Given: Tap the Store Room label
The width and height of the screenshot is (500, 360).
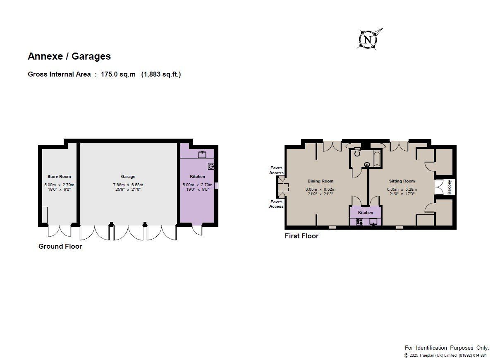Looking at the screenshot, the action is (x=59, y=176).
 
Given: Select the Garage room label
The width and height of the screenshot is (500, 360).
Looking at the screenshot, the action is (x=128, y=176).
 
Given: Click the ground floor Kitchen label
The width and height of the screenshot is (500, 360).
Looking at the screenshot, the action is (x=197, y=176).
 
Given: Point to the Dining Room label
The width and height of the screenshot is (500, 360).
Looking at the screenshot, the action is (x=321, y=181).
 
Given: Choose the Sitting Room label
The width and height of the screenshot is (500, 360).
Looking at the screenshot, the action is (x=402, y=181).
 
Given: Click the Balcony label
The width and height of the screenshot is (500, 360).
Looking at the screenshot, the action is (x=449, y=187).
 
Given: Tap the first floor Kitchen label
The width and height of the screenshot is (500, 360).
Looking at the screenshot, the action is (x=366, y=212).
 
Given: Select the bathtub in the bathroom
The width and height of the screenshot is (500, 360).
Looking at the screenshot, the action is (x=377, y=158).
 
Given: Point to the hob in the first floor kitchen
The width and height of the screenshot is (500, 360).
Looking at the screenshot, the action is (x=359, y=222).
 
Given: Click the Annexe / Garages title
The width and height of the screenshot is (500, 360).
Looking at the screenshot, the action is (x=69, y=56).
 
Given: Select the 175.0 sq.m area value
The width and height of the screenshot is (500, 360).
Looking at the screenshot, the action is (x=118, y=74).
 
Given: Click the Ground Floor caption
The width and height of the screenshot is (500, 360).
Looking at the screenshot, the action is (x=60, y=246).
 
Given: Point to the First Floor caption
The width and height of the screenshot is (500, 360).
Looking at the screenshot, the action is (x=301, y=236).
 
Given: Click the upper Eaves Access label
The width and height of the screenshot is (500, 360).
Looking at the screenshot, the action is (x=276, y=170).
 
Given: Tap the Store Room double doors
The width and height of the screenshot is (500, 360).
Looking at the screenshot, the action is (x=60, y=231).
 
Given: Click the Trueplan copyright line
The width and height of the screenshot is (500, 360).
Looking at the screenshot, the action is (x=445, y=355).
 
